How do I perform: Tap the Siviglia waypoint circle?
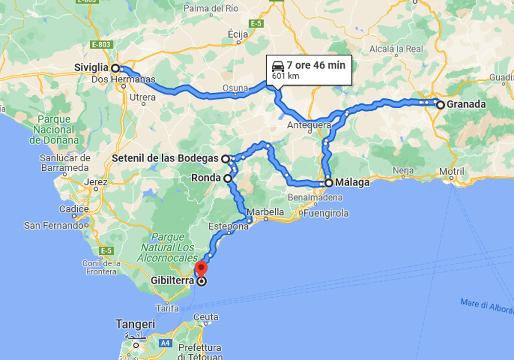pos(115,68)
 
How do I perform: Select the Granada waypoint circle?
pos(440,105)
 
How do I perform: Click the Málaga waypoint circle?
pos(329,183)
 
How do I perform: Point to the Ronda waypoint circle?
pos(228,178)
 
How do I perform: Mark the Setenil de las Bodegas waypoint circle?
pos(226,158)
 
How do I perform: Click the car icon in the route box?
pos(278,65)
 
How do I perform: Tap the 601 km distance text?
pos(286,75)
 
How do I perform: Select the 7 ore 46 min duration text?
pos(316,65)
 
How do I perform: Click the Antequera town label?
pos(309,125)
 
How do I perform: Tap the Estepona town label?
pos(228,226)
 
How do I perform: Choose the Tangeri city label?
pos(135,324)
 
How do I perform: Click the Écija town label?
pos(237,34)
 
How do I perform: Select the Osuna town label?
pos(235,88)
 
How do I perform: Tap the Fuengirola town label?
pos(326,214)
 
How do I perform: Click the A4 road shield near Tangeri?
pos(165,343)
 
